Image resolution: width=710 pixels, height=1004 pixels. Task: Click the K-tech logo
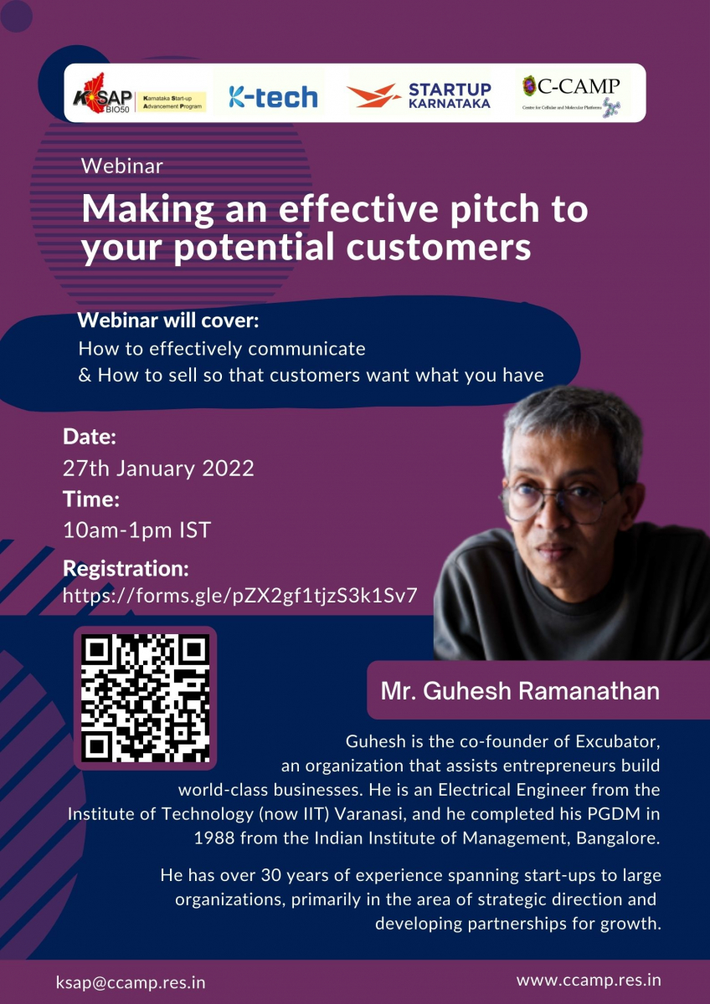273,97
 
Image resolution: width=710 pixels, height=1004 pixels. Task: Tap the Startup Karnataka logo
419,95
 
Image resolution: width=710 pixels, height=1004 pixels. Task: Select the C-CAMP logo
572,96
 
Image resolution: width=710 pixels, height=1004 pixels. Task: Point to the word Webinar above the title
122,166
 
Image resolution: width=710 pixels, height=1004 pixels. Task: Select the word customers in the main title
439,247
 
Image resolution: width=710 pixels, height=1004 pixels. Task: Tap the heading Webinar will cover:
168,320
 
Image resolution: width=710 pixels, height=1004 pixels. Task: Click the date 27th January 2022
158,469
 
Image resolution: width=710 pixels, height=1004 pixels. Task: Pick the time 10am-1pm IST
136,530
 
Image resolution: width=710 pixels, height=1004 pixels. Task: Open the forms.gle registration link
240,596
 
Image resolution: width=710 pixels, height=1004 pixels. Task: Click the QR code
145,699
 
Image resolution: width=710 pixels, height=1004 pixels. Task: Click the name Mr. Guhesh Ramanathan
520,691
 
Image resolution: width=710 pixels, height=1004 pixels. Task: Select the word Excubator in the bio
618,741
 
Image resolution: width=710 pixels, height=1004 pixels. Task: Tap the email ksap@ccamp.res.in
131,983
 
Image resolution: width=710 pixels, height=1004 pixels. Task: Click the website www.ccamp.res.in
589,981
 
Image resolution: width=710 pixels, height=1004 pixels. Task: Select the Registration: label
126,568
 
